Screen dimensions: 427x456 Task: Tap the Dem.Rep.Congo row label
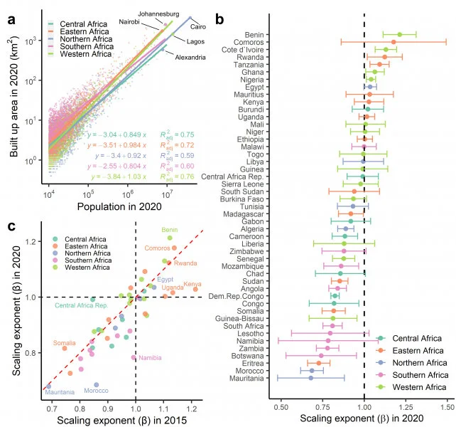point(240,295)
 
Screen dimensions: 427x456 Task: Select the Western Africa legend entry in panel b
point(418,386)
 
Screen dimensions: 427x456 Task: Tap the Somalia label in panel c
point(65,343)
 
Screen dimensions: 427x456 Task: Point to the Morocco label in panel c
point(98,391)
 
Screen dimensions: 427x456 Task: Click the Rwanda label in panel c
point(185,263)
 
